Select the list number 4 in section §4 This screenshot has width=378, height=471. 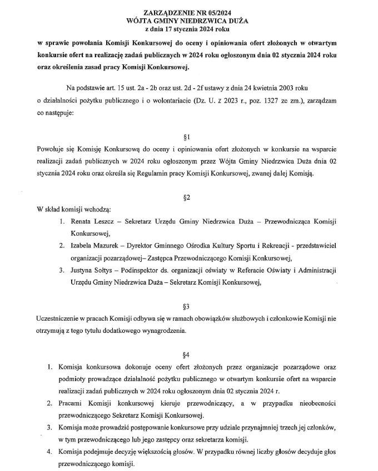pos(49,452)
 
